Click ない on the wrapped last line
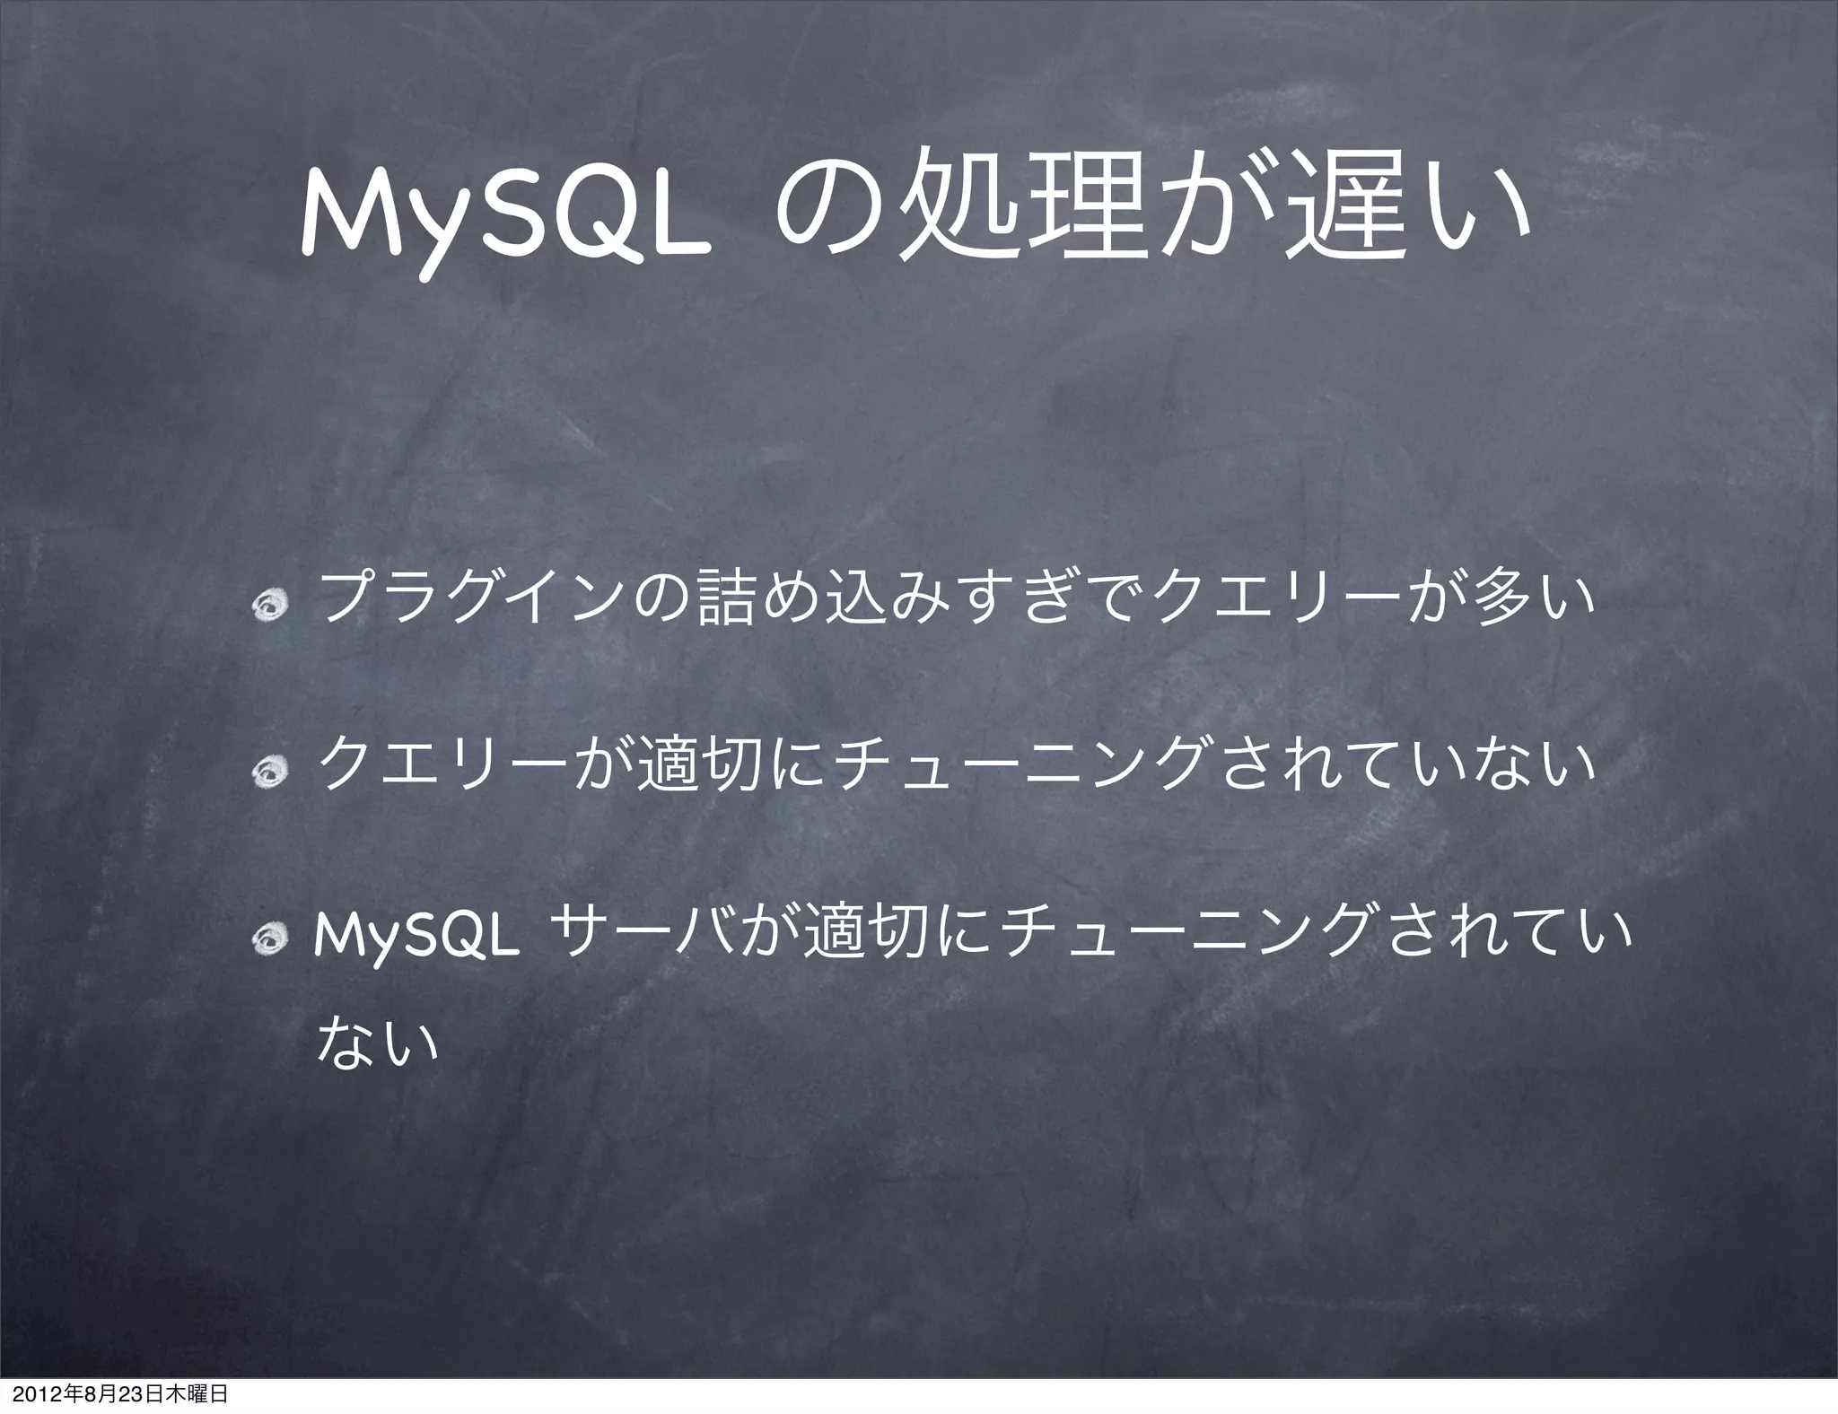[377, 1041]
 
